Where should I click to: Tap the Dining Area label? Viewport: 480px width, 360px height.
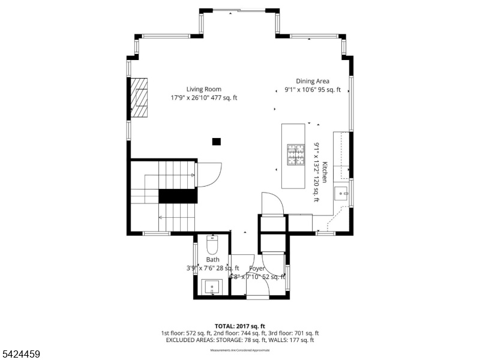tap(312, 82)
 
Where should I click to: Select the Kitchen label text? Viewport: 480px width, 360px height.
tap(325, 172)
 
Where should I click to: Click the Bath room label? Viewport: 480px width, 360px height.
tap(212, 260)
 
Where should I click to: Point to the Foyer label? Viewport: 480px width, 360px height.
tap(257, 268)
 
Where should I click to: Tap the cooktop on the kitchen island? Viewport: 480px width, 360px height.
tap(296, 154)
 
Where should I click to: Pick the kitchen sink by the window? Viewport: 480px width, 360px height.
tap(341, 193)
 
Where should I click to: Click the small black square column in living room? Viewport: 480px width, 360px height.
tap(217, 142)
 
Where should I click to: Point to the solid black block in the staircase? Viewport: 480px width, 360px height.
tap(178, 196)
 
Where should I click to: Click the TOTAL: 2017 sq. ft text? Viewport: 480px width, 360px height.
tap(240, 326)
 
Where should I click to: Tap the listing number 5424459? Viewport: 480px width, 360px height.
tap(21, 354)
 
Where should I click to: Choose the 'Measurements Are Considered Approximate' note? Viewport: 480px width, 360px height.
tap(240, 350)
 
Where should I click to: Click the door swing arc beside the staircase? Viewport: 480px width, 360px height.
tap(210, 175)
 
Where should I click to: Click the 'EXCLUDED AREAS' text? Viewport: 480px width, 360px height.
tap(191, 340)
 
